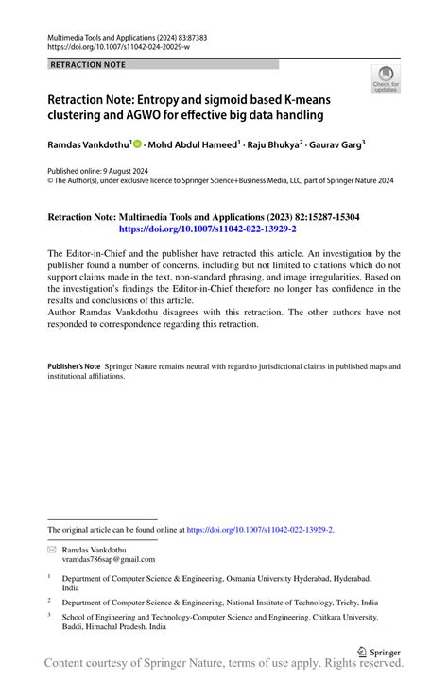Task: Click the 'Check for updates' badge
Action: [386, 79]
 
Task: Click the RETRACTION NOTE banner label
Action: [86, 65]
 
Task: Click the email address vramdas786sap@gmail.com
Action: [103, 559]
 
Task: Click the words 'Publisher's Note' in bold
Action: [74, 365]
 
